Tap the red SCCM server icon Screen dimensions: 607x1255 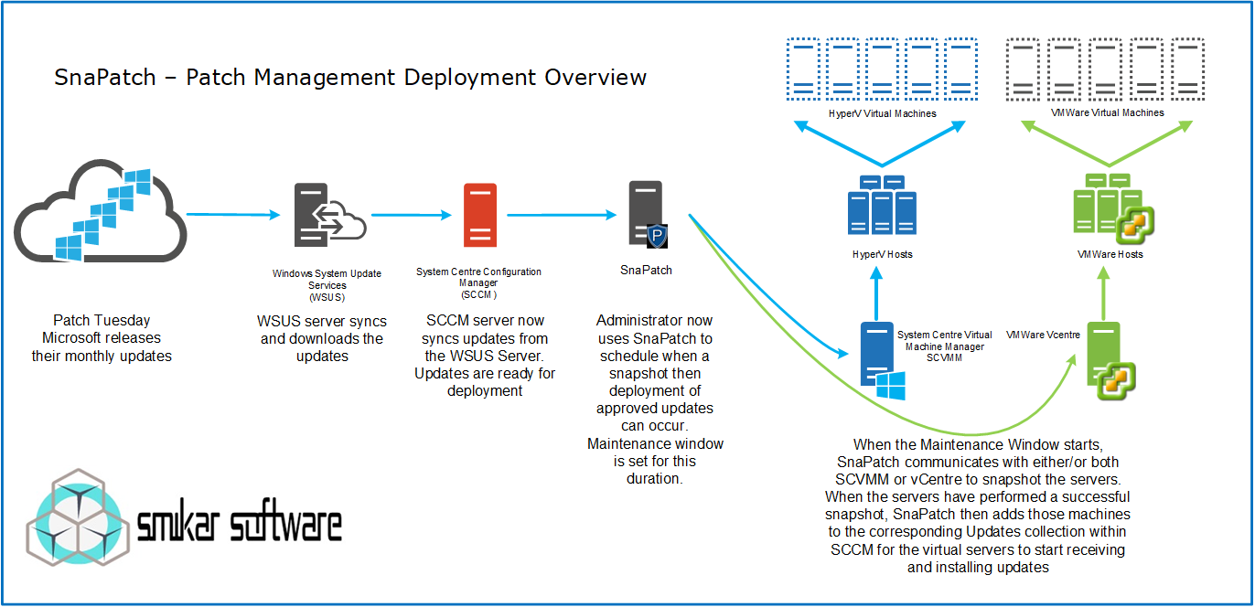(480, 215)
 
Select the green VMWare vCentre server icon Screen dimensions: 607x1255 (1108, 360)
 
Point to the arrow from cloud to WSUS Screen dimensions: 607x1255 (232, 216)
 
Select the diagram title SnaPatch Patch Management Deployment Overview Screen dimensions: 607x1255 (350, 79)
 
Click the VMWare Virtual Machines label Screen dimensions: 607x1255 (1108, 113)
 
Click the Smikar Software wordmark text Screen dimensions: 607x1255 (241, 525)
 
